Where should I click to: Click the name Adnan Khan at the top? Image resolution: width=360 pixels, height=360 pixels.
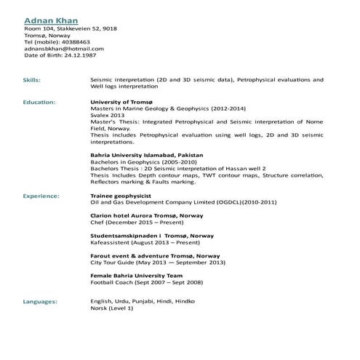(x=51, y=20)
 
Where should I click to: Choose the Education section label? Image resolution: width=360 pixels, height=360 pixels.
(x=39, y=103)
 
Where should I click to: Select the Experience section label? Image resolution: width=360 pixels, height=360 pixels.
(x=41, y=196)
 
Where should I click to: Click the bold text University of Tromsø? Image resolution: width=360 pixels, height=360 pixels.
(x=124, y=103)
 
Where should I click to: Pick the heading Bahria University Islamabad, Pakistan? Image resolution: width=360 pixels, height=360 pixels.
(x=146, y=155)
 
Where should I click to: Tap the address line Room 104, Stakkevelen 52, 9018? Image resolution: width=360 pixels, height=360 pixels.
(x=71, y=29)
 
